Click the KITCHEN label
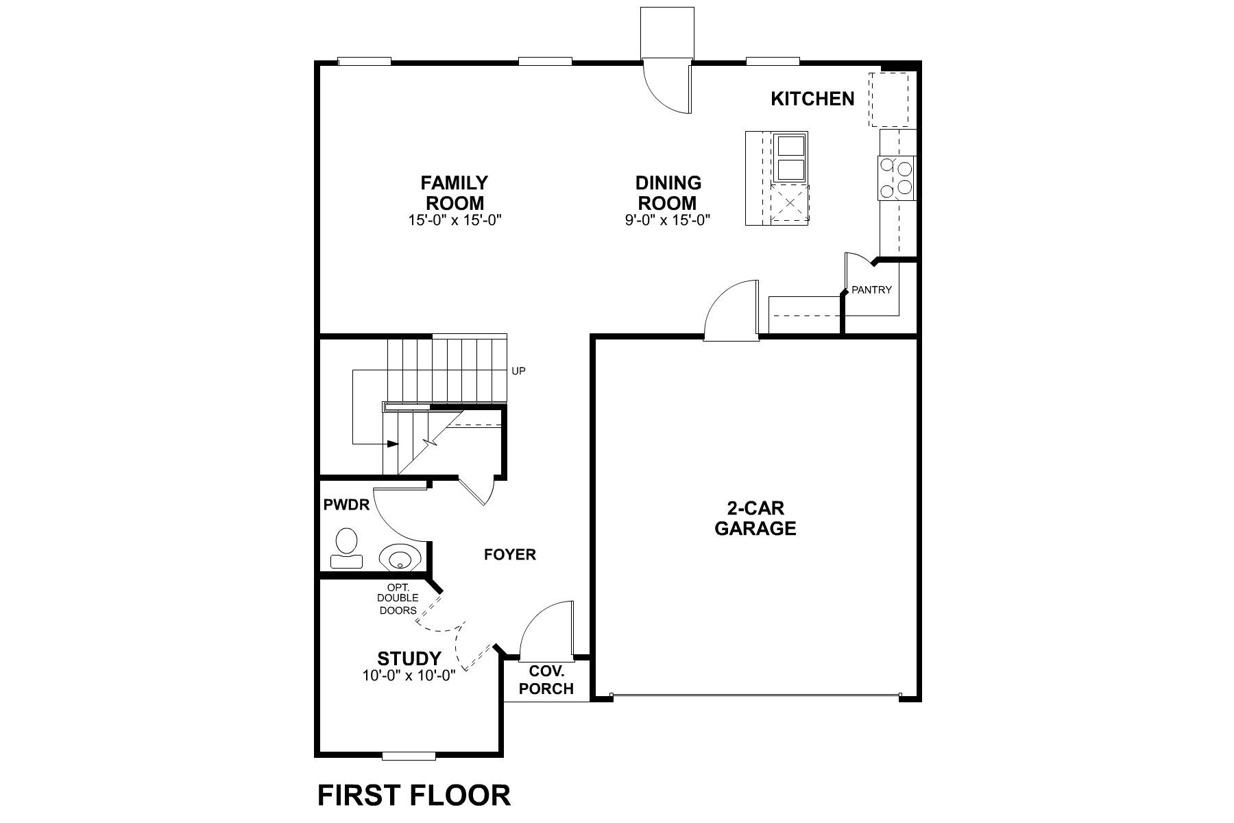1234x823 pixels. pos(812,99)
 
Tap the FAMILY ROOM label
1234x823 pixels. pos(455,193)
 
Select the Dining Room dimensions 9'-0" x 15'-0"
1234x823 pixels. pos(667,221)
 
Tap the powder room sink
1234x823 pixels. pos(399,556)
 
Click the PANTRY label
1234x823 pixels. pos(871,289)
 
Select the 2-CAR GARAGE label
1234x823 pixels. pos(755,518)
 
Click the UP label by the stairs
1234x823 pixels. pos(518,371)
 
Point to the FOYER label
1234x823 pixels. pos(510,554)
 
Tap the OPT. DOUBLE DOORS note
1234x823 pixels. pos(398,599)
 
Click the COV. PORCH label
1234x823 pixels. pos(546,680)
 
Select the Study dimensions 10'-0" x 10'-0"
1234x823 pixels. pos(409,676)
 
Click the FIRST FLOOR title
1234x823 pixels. pos(414,795)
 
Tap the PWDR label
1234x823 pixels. pos(346,505)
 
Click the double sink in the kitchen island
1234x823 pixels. pos(790,157)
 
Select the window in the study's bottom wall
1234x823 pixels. pos(409,756)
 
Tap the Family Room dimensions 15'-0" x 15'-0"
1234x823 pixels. pos(455,221)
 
